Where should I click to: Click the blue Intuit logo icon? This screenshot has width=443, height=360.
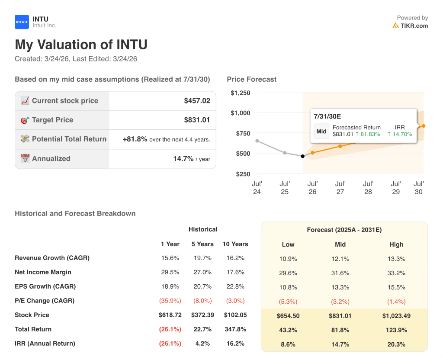pos(22,22)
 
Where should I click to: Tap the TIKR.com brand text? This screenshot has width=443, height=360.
pos(414,26)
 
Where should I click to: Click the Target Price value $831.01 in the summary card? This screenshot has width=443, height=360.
pos(197,120)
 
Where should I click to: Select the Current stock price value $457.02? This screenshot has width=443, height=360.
pos(197,101)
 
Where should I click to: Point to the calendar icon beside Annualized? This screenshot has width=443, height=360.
pos(25,158)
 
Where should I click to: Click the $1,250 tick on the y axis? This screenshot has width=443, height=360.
pos(240,93)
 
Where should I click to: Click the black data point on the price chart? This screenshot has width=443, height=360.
pos(302,156)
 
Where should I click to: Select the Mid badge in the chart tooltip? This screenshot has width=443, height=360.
pos(321,131)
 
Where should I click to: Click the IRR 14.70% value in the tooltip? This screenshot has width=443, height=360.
pos(400,134)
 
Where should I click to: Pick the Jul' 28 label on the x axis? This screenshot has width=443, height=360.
pos(368,188)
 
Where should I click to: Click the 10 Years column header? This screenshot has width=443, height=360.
pos(235,244)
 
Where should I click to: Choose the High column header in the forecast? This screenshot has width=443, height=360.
pos(396,244)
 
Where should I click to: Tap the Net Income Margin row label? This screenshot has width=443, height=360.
pos(43,272)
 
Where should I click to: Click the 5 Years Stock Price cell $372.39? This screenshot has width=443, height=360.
pos(202,315)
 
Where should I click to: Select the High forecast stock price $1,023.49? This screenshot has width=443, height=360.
pos(396,316)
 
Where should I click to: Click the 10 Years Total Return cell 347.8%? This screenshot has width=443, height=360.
pos(235,329)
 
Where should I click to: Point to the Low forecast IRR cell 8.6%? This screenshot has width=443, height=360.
pos(288,344)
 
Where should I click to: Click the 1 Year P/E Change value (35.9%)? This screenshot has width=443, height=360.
pos(170,301)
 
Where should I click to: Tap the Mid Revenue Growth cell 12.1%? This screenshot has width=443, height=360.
pos(340,259)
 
